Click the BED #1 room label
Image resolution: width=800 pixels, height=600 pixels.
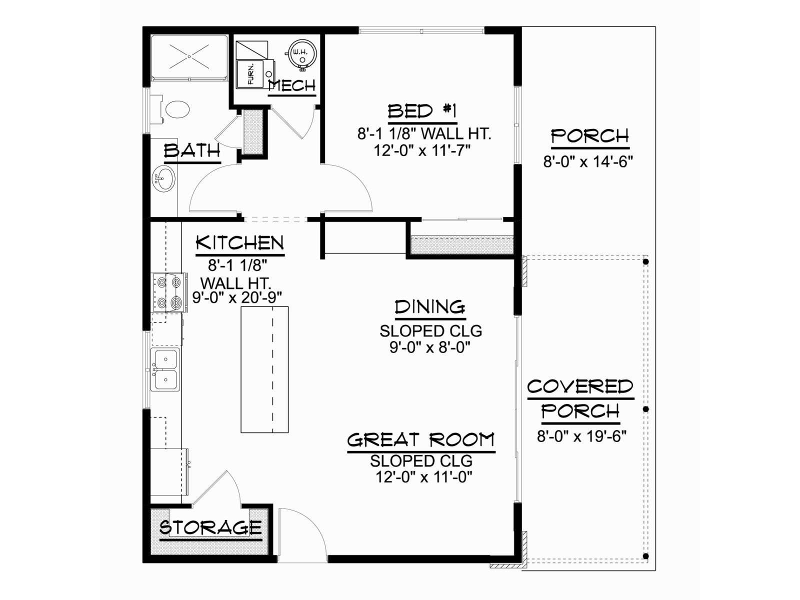pyautogui.click(x=422, y=111)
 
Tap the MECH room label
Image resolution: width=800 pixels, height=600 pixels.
pyautogui.click(x=292, y=86)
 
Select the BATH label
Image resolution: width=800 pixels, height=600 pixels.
pyautogui.click(x=192, y=150)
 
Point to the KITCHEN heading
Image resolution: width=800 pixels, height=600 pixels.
pyautogui.click(x=240, y=243)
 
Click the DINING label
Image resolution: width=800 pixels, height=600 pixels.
pyautogui.click(x=430, y=307)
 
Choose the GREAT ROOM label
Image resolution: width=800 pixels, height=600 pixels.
pyautogui.click(x=421, y=439)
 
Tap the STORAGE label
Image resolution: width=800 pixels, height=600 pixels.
pyautogui.click(x=210, y=527)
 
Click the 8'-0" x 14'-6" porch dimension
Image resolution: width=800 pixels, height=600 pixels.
pyautogui.click(x=588, y=161)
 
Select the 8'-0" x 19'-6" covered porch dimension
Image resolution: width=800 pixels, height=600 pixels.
pyautogui.click(x=581, y=435)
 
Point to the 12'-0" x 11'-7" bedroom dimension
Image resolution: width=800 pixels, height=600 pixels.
pyautogui.click(x=422, y=150)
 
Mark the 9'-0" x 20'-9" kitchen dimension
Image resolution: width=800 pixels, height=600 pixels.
pyautogui.click(x=237, y=297)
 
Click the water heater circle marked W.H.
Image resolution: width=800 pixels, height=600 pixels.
pyautogui.click(x=302, y=54)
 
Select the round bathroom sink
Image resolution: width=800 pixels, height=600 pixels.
pyautogui.click(x=163, y=179)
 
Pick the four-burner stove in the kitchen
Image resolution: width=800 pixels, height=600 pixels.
pyautogui.click(x=169, y=292)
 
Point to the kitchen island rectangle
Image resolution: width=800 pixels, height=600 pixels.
pyautogui.click(x=264, y=369)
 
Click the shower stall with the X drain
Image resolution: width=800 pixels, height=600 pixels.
pyautogui.click(x=189, y=56)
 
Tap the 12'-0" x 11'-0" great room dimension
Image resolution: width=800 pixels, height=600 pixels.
pyautogui.click(x=424, y=477)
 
